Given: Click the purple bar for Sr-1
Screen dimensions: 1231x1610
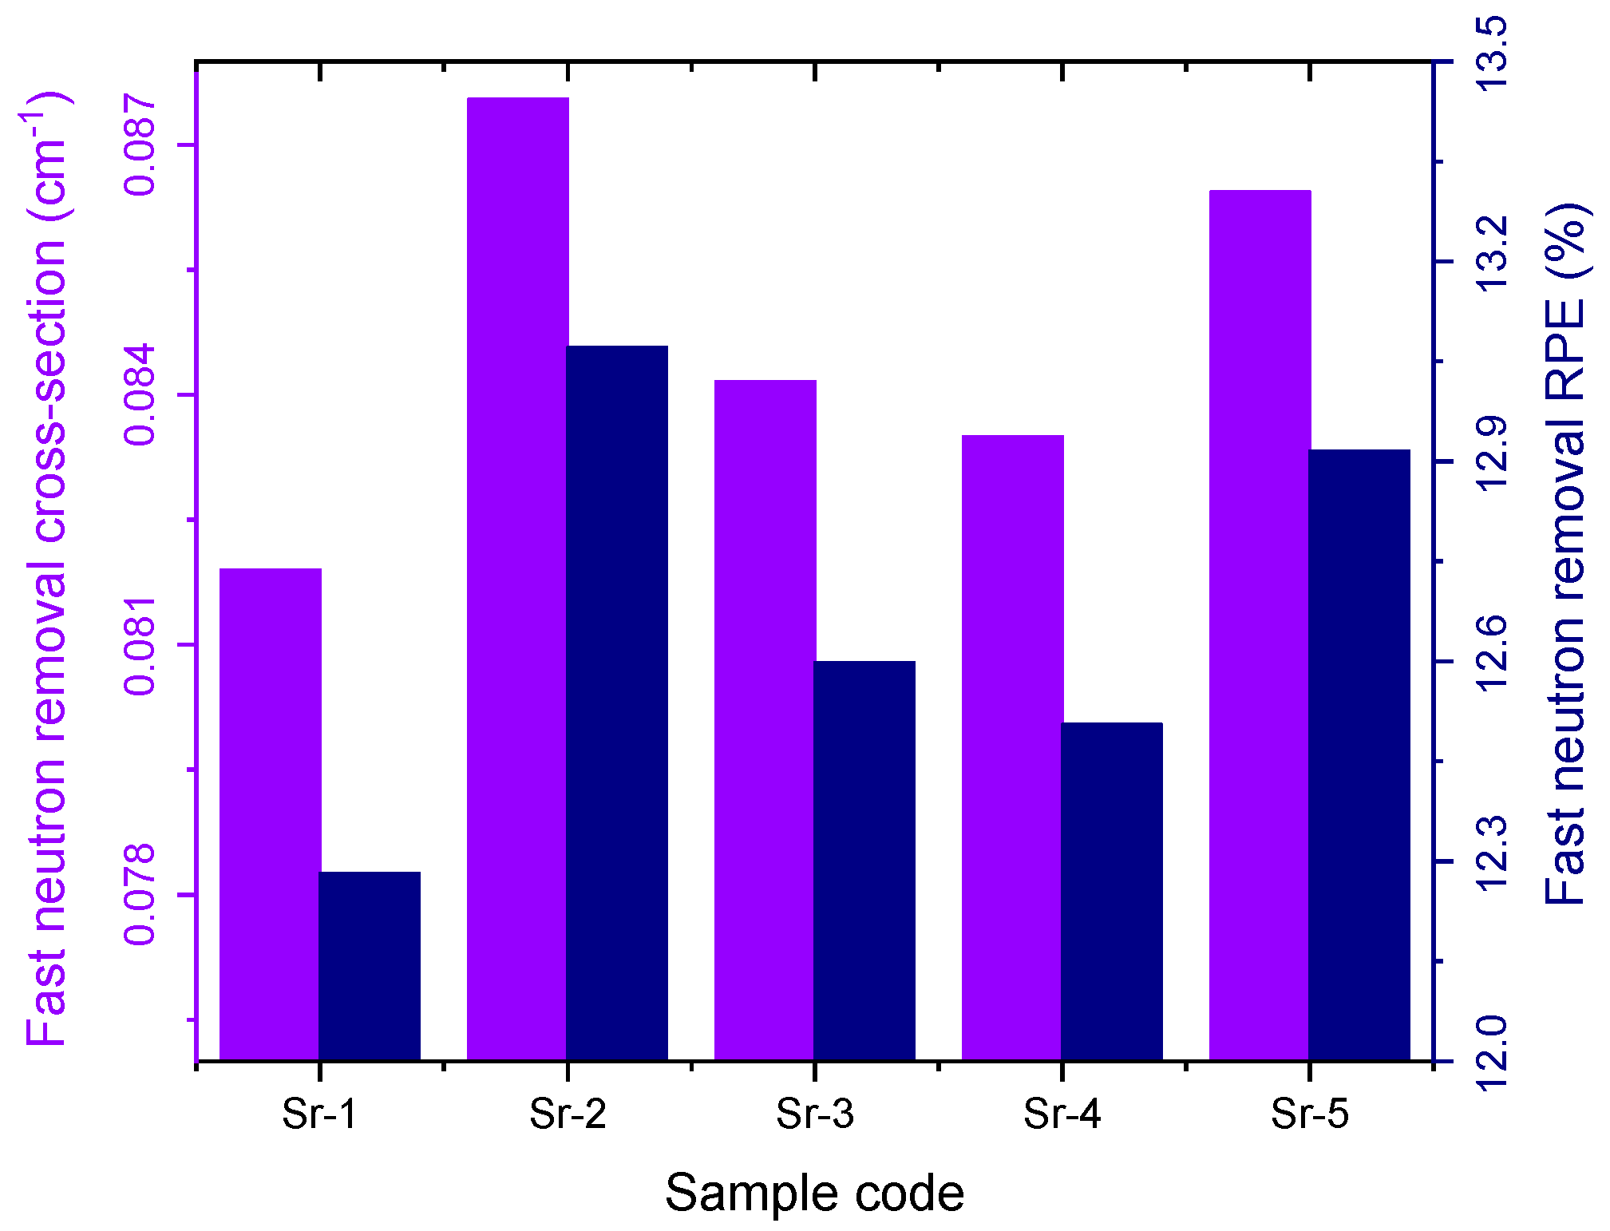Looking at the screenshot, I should pos(270,814).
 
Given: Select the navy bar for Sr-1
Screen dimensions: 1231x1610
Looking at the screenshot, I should pos(370,966).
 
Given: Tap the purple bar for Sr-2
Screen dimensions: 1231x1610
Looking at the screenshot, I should pos(517,579).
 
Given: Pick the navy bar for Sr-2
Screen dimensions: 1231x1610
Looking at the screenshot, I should pos(617,703).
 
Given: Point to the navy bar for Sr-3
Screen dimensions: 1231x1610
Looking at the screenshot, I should pos(864,861).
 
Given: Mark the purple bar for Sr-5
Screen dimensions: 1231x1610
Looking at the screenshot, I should pos(1260,625).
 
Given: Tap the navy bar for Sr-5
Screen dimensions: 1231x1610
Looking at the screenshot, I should pos(1359,755).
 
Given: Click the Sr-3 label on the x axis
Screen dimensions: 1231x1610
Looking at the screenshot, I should pos(814,1114).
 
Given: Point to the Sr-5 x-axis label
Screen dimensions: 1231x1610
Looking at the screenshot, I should pos(1309,1114).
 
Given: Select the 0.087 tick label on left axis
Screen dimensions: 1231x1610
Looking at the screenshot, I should pos(140,144).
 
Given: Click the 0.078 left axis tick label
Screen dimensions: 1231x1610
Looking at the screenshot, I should pos(140,894).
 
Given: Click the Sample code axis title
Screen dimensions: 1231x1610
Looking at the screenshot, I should pos(814,1193).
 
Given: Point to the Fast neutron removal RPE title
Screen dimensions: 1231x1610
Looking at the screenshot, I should pos(1565,555).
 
